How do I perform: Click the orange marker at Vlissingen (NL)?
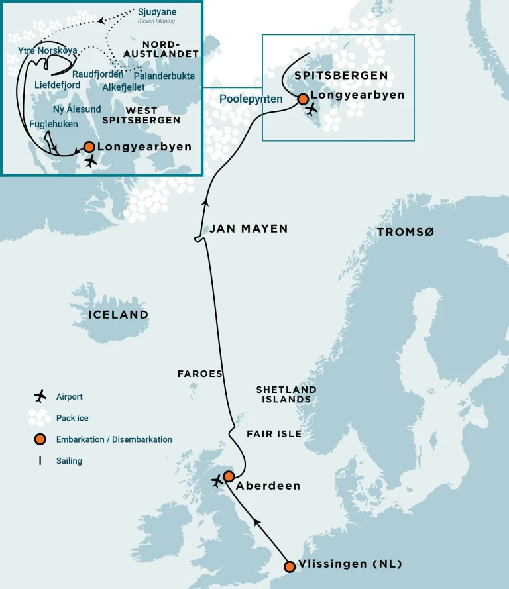click(x=289, y=566)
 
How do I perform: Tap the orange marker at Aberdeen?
click(x=229, y=476)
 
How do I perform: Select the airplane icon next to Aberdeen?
click(x=217, y=482)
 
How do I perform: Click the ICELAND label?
click(x=118, y=315)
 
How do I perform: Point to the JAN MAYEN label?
click(x=249, y=229)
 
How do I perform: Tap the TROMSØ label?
click(x=405, y=232)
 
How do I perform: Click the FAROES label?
click(x=199, y=374)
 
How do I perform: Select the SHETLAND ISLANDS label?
click(x=286, y=394)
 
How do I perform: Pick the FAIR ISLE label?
click(x=274, y=434)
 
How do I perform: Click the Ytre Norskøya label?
click(x=49, y=50)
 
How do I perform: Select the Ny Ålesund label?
click(x=76, y=109)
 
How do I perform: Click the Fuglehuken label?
click(x=54, y=124)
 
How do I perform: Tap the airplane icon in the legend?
click(x=40, y=396)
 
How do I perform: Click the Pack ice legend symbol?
click(x=40, y=417)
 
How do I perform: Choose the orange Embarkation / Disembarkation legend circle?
click(x=40, y=439)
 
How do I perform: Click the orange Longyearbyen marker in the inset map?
click(x=89, y=147)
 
